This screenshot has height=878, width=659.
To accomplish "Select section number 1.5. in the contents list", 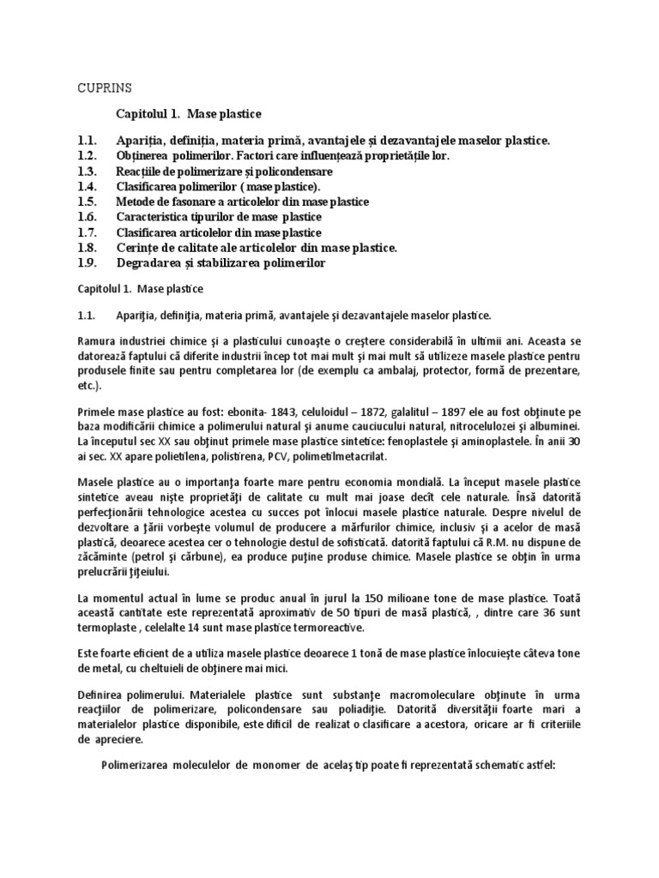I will [x=89, y=201].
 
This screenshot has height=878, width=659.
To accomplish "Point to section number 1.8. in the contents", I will [x=89, y=248].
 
